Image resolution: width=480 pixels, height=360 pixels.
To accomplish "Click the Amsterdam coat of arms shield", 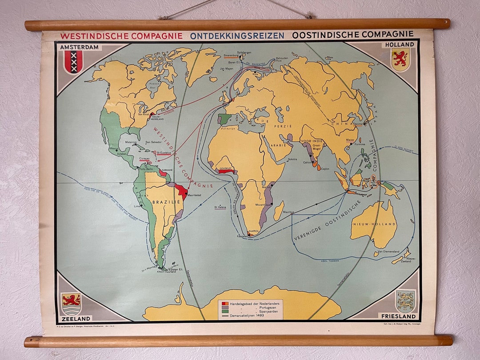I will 73,61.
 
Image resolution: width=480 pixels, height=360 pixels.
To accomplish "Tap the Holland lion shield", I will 400,59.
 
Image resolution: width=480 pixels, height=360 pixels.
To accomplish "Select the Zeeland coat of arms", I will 71,304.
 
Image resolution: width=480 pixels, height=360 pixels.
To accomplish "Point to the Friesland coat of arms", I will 405,301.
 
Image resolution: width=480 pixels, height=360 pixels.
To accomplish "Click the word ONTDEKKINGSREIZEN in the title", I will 237,35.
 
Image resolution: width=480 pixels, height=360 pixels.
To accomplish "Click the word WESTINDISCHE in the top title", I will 92,36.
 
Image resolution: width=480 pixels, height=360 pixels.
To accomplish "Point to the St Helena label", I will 220,207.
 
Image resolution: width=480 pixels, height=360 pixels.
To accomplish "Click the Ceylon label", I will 325,169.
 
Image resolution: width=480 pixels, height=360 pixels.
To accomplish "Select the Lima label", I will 137,206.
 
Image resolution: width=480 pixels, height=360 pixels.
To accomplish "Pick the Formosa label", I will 359,144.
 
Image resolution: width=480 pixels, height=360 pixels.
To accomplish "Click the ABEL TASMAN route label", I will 330,260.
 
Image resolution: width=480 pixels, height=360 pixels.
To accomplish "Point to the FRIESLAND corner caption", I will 398,316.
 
